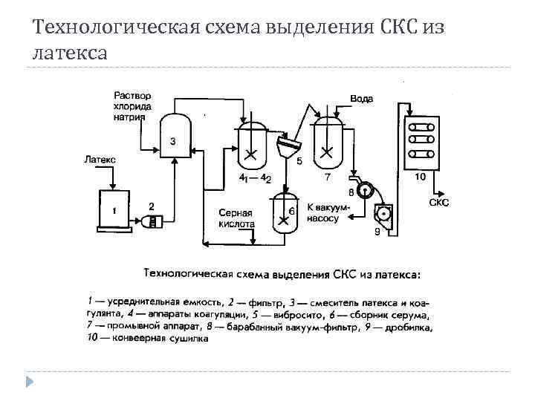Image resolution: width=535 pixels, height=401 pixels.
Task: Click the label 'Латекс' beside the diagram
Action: [100, 159]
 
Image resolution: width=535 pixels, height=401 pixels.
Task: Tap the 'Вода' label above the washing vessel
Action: [361, 98]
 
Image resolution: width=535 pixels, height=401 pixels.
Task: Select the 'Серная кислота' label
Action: [236, 218]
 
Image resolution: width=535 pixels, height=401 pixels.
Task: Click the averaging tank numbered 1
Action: [114, 209]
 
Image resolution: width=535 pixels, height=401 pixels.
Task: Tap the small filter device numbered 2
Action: [152, 220]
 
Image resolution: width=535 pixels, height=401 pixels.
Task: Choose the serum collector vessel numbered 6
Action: [285, 214]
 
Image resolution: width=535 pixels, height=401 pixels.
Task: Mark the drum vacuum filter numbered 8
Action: [364, 190]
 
